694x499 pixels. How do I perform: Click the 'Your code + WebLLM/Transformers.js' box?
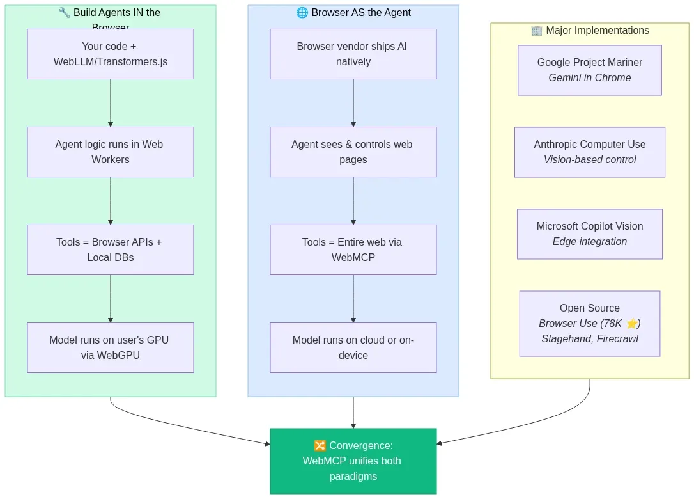[x=110, y=54]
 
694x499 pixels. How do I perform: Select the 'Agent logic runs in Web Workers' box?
[x=110, y=152]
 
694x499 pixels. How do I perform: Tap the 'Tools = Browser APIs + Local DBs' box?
[x=110, y=249]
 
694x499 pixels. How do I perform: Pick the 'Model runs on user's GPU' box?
[x=110, y=347]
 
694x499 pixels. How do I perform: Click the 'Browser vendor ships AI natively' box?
[x=353, y=54]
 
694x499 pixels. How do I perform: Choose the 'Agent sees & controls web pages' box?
[x=353, y=152]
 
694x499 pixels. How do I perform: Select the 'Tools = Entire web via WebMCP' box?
[x=353, y=249]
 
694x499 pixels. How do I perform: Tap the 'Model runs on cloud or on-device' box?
[x=353, y=347]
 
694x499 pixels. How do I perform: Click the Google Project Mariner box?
[x=589, y=70]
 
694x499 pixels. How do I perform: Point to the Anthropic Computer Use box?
[x=589, y=152]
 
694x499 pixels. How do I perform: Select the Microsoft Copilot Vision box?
[x=589, y=234]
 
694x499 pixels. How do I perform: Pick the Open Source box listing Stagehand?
[x=589, y=323]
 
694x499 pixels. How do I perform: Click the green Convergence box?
[x=353, y=461]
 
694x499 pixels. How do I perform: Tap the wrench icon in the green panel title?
[x=64, y=13]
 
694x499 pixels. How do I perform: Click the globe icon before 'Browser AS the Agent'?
[x=302, y=13]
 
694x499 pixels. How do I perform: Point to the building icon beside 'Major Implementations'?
[x=536, y=31]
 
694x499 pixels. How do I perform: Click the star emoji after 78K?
[x=632, y=324]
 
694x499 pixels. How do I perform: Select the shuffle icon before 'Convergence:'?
[x=320, y=446]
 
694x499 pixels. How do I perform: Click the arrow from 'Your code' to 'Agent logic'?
[x=111, y=102]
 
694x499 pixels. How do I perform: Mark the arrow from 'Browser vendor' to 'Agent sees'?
[x=353, y=102]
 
